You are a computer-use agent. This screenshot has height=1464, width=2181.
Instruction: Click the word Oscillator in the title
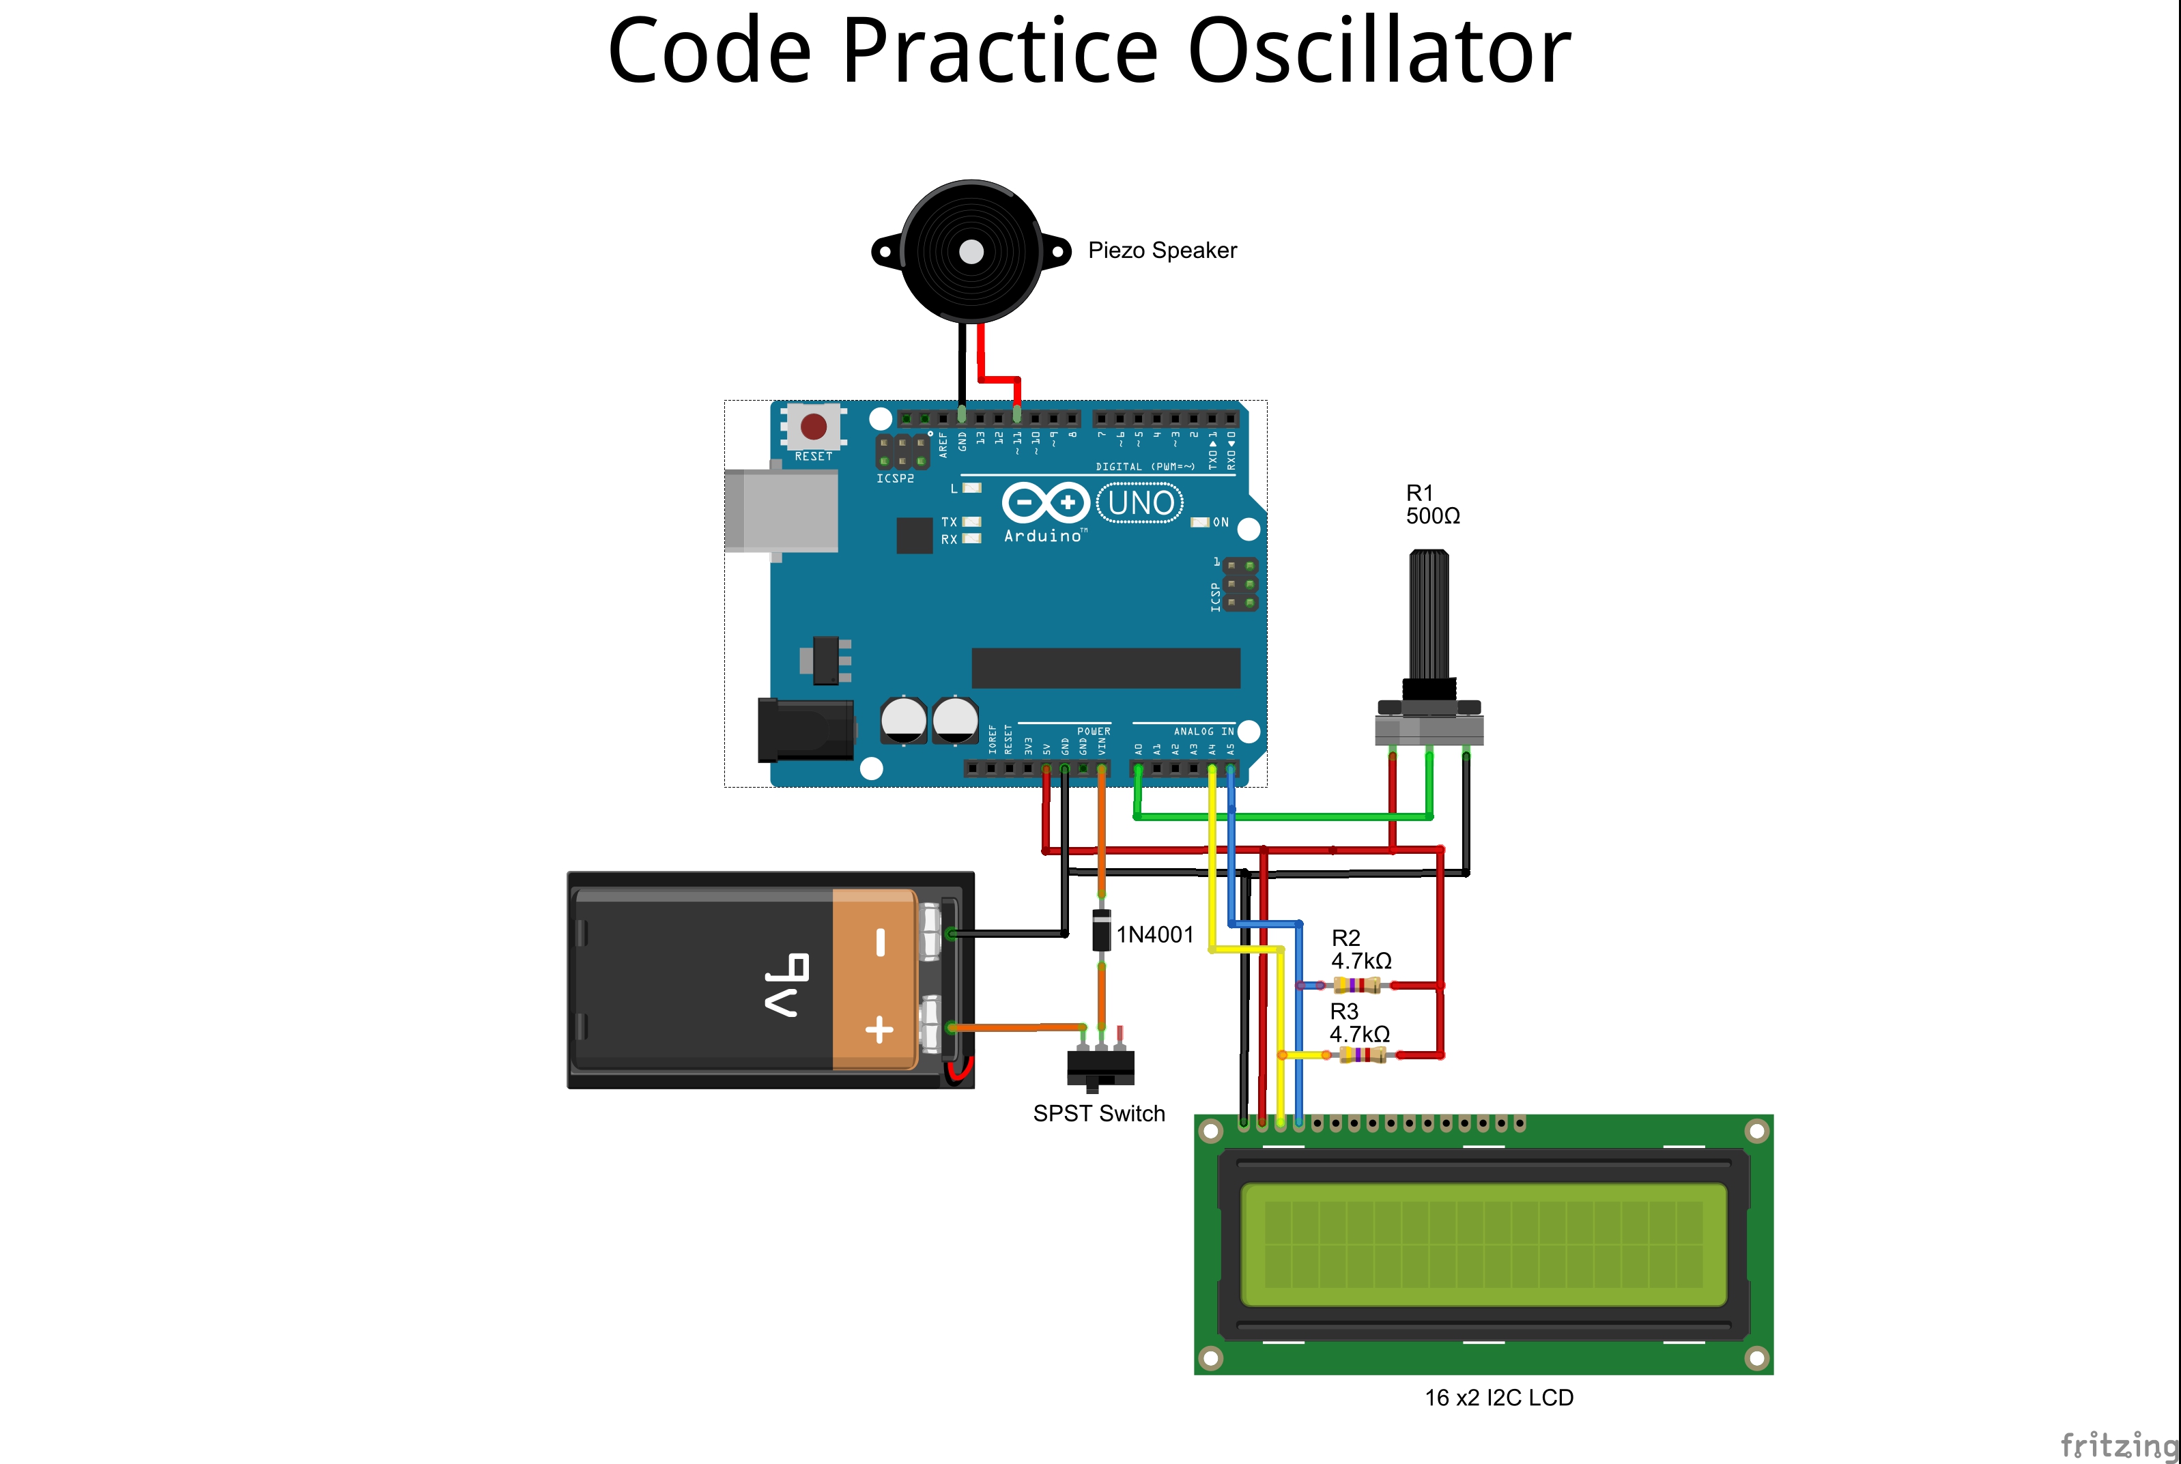1379,51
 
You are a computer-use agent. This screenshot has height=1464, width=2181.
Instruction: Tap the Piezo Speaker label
1163,250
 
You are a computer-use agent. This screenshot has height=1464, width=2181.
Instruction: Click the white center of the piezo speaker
971,252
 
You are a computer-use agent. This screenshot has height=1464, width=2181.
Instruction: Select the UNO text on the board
1140,503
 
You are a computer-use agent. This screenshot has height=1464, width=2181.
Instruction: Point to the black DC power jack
806,729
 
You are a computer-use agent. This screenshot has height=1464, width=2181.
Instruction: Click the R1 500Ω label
1433,504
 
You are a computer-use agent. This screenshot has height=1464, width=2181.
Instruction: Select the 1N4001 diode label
1155,934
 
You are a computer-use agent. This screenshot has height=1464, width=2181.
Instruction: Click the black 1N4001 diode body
1102,929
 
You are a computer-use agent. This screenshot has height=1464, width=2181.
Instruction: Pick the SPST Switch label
1099,1114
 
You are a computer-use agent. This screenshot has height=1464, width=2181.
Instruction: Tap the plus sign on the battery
879,1030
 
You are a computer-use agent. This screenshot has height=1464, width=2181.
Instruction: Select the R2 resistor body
1356,985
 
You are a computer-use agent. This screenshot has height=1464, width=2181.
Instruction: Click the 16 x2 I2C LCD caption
1498,1398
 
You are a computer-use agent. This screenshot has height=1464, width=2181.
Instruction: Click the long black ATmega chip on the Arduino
1105,668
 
